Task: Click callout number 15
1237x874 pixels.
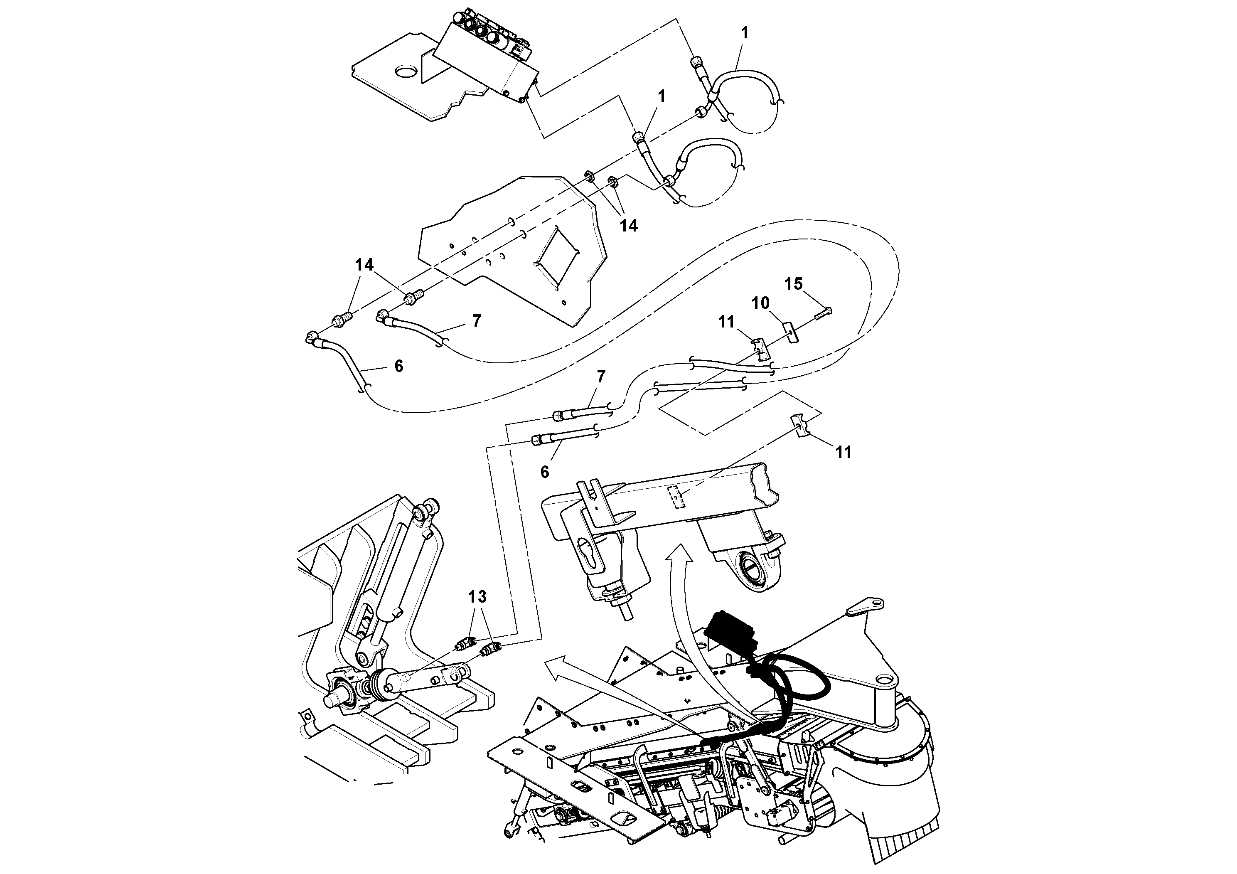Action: point(793,284)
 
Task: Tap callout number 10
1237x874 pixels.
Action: point(760,303)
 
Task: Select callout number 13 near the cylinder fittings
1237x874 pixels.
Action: point(477,597)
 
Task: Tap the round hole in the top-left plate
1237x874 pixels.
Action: point(407,71)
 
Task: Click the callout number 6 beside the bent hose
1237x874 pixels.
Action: point(398,367)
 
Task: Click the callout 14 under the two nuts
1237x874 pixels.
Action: point(628,226)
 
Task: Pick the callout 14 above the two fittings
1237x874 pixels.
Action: point(364,265)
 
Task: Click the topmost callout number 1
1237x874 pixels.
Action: point(745,33)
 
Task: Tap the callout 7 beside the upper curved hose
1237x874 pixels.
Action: point(476,321)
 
